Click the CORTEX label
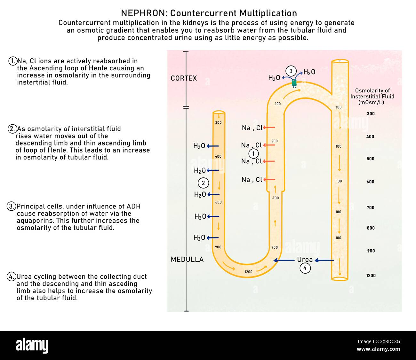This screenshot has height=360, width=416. coord(184,78)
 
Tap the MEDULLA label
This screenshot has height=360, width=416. coord(187,259)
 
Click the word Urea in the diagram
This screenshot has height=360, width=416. coord(305,260)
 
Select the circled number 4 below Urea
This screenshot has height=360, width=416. coord(305,268)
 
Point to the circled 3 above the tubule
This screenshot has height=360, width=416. coord(291,71)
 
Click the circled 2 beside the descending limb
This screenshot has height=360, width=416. coord(203,183)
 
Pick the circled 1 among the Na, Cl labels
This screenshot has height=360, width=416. coord(253,154)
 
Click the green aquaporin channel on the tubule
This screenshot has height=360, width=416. coord(294,83)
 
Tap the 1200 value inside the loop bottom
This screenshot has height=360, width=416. coord(248,272)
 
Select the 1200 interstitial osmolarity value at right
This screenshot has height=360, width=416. coord(371,276)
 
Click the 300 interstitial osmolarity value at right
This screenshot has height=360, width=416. coord(371,113)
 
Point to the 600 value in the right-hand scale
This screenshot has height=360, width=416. coord(370,182)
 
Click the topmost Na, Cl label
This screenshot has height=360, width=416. coord(252,128)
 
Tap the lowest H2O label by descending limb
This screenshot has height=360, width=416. coord(199,238)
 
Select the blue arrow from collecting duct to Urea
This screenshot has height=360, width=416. coord(324,260)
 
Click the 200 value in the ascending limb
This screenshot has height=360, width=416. coord(275,141)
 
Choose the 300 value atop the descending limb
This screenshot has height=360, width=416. coord(218,122)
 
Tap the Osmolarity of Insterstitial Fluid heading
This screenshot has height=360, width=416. coord(372,96)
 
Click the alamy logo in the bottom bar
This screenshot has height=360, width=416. coord(32,346)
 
